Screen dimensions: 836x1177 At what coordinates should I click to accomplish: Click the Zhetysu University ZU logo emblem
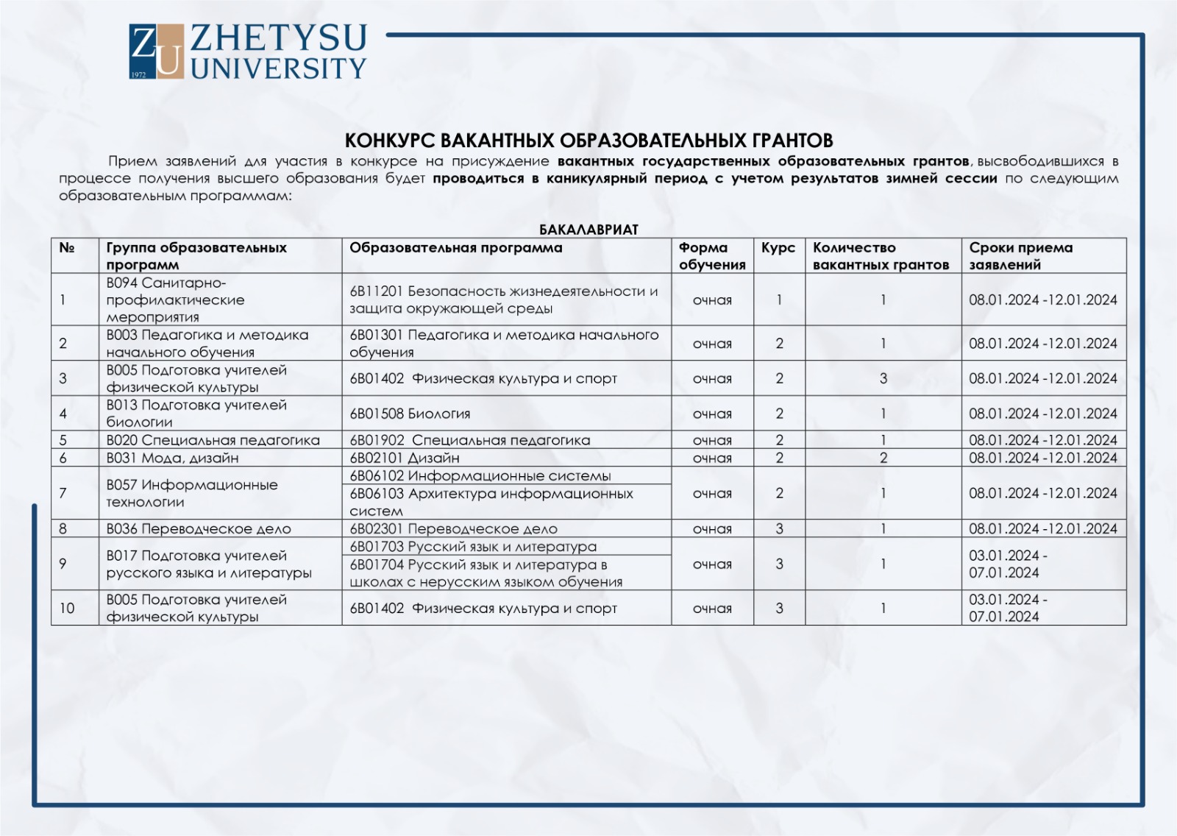[x=156, y=51]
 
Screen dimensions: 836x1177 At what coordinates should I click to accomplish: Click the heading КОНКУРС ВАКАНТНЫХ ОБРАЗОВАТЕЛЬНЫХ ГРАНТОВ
[x=588, y=141]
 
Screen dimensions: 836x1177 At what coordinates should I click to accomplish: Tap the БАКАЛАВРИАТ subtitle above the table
[x=588, y=230]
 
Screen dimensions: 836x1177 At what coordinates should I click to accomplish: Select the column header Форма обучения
[x=711, y=256]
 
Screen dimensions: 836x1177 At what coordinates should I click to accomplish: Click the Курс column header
[x=778, y=248]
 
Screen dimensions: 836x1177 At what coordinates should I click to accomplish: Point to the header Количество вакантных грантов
[x=881, y=256]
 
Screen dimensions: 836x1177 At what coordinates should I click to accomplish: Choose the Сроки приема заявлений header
[x=1020, y=256]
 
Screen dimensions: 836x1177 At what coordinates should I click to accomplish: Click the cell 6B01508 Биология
[x=410, y=414]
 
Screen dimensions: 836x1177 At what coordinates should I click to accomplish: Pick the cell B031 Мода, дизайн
[x=172, y=458]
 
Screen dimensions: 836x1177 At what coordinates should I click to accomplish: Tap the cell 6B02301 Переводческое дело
[x=453, y=529]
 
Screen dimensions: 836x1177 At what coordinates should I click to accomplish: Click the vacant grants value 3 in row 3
[x=883, y=379]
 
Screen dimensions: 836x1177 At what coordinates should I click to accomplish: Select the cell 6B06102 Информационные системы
[x=480, y=476]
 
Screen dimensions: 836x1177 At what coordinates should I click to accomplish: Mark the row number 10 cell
[x=67, y=609]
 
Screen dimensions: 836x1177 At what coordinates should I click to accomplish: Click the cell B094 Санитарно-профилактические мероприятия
[x=175, y=300]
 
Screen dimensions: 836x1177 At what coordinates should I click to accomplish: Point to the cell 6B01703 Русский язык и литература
[x=472, y=547]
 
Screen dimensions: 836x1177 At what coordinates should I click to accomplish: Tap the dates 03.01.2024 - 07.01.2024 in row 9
[x=1007, y=564]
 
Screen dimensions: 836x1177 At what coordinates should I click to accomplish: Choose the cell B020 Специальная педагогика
[x=213, y=440]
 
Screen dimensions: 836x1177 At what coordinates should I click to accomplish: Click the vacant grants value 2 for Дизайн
[x=883, y=458]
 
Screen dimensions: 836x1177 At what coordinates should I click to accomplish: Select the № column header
[x=67, y=248]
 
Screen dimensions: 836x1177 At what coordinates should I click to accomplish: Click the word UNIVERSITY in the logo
[x=279, y=69]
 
